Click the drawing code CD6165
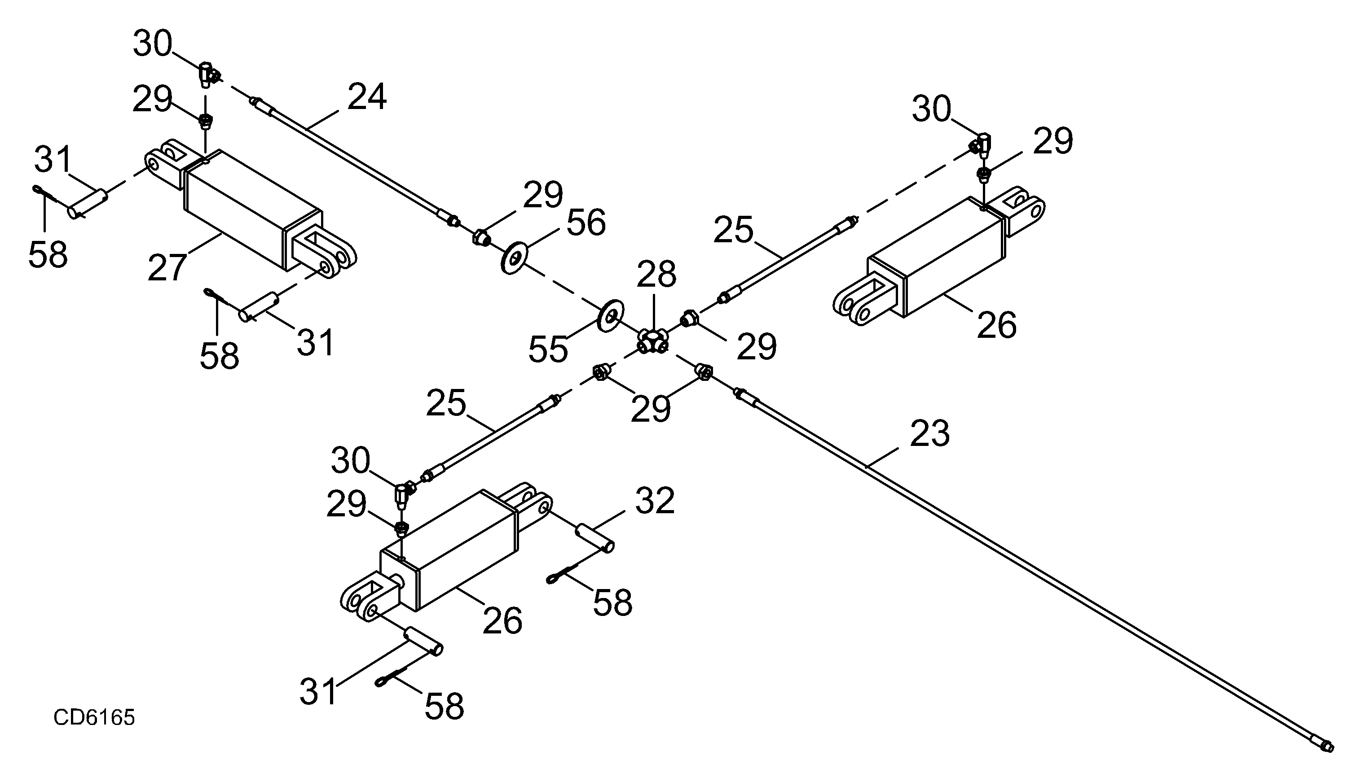tap(94, 718)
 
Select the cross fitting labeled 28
tap(652, 341)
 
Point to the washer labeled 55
tap(610, 316)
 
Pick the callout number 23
tap(930, 433)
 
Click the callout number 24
tap(367, 96)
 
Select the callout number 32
tap(655, 501)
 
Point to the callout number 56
tap(586, 223)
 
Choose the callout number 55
tap(548, 349)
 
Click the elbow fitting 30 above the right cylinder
tap(981, 144)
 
